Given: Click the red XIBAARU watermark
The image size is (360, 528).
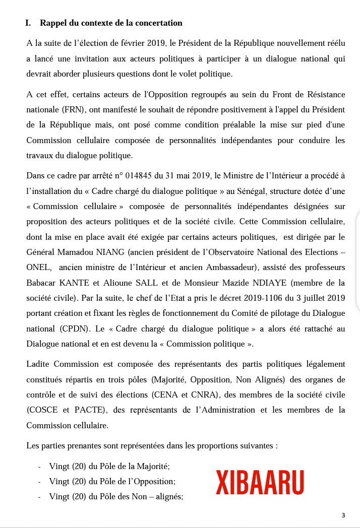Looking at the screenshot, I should (x=260, y=482).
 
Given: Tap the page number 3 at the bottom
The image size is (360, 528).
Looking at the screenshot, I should (x=343, y=515).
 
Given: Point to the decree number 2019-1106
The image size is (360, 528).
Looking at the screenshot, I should (x=249, y=298).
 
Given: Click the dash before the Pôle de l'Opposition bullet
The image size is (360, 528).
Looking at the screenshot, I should (x=40, y=481).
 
